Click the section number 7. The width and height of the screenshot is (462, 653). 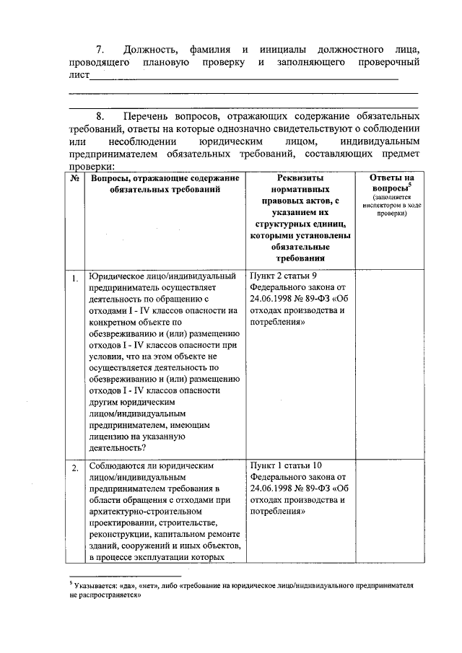click(x=100, y=50)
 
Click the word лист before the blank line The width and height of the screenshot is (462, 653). click(x=78, y=74)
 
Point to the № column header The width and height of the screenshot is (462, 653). click(x=75, y=178)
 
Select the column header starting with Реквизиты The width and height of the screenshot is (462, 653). click(x=300, y=217)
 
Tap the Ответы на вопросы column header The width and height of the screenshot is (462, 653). click(x=391, y=183)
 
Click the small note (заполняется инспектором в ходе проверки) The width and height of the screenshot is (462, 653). click(x=391, y=205)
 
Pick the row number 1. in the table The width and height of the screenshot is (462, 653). click(x=75, y=279)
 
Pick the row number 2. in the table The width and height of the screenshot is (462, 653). click(x=75, y=470)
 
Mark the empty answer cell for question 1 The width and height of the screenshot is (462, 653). click(x=391, y=361)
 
